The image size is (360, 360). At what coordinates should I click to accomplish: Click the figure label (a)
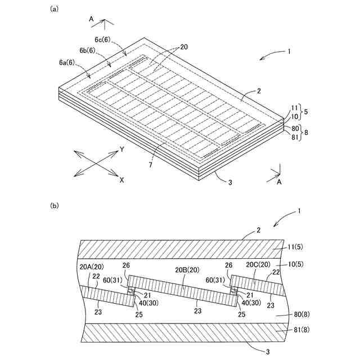pos(54,8)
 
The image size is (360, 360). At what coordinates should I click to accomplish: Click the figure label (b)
pos(54,206)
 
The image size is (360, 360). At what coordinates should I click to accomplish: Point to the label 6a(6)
pos(70,62)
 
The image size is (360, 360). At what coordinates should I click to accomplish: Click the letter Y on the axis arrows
pos(121,150)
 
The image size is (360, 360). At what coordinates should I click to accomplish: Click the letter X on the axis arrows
pos(121,180)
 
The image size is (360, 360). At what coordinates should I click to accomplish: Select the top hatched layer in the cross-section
pos(169,248)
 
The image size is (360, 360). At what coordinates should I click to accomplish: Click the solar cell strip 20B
pos(180,287)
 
